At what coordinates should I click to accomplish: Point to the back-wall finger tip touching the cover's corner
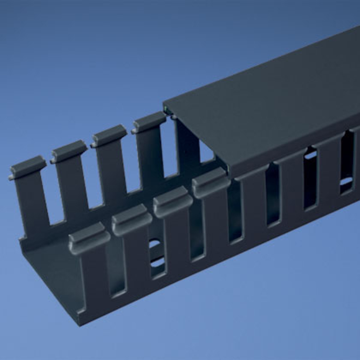pyautogui.click(x=149, y=122)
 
